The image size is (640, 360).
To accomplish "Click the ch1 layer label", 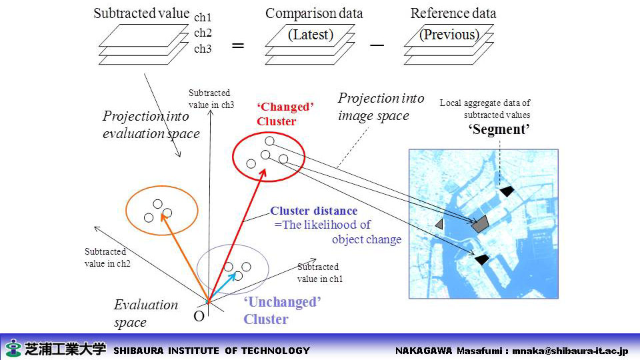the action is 203,17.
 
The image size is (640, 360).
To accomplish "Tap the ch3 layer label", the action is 203,49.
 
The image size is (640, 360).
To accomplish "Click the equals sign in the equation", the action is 238,45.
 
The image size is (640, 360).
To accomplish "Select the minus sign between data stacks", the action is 377,45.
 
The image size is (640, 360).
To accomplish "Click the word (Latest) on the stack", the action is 311,35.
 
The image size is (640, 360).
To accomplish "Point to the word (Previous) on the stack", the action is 449,35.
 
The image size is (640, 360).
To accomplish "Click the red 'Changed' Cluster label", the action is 285,114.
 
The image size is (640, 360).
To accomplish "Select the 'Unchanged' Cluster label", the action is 282,311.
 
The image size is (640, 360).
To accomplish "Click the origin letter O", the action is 199,316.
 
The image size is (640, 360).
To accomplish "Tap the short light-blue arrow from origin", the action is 223,287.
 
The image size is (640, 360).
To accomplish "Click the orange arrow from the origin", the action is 185,258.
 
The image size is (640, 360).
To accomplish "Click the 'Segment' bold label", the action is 499,129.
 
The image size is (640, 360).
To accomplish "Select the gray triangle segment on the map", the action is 440,224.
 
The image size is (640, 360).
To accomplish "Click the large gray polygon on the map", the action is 481,224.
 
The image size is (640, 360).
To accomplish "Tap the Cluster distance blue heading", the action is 313,211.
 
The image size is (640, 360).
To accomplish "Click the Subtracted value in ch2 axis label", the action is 107,257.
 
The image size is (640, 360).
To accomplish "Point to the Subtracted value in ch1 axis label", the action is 319,273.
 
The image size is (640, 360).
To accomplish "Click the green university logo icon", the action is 13,348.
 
